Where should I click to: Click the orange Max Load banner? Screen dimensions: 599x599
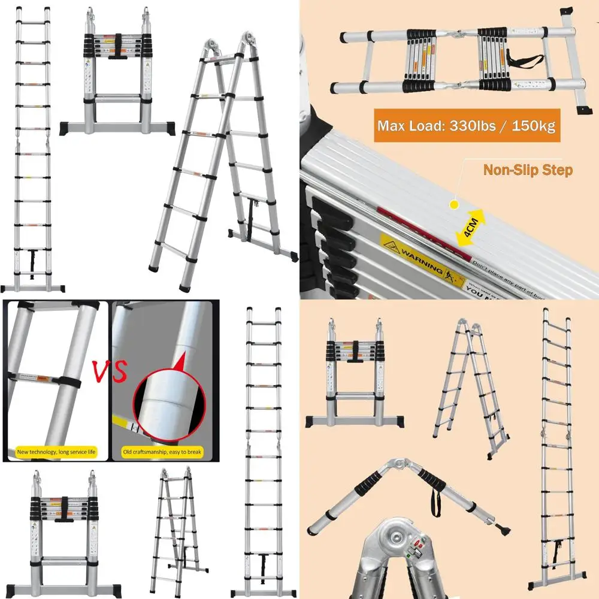[x=467, y=126]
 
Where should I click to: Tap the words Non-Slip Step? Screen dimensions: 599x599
[x=527, y=171]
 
